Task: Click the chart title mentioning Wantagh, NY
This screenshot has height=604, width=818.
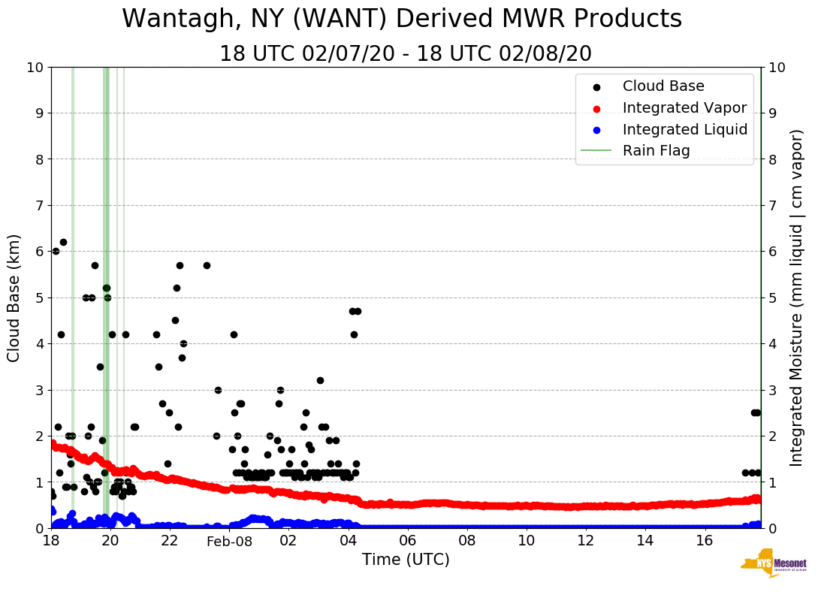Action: [402, 19]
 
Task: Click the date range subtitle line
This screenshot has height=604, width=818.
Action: [405, 54]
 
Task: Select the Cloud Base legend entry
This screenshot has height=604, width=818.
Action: [663, 86]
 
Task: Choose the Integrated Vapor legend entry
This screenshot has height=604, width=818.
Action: [684, 108]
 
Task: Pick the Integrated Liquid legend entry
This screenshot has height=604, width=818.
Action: [684, 129]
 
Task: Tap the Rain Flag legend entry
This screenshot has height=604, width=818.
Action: [656, 150]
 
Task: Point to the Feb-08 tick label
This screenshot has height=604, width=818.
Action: [229, 541]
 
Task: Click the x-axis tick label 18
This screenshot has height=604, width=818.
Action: [51, 541]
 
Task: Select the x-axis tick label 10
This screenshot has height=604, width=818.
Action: [526, 541]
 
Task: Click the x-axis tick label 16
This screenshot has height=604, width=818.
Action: [704, 541]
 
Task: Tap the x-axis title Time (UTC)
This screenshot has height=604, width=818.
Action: [406, 560]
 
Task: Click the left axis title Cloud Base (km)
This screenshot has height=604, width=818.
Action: [14, 297]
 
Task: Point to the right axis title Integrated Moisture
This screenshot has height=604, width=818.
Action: [797, 297]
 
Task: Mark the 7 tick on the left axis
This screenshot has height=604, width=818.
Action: [38, 205]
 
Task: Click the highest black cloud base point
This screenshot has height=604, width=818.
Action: [63, 242]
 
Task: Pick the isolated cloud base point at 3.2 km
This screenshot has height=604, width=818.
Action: [320, 380]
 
